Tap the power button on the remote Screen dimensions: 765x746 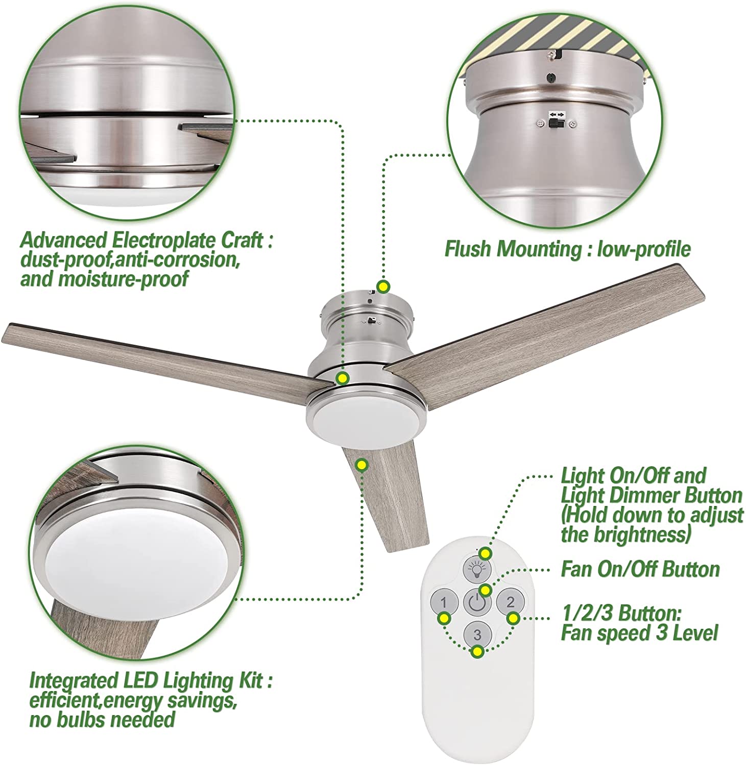[x=476, y=603]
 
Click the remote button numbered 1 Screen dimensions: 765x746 [x=443, y=602]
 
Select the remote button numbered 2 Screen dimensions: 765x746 [x=510, y=602]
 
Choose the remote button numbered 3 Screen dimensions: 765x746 [x=477, y=634]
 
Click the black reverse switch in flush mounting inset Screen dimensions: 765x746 [x=557, y=123]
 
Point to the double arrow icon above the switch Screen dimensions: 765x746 [x=557, y=114]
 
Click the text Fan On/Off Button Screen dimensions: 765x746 [x=640, y=569]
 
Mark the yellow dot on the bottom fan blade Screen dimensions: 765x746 [x=362, y=464]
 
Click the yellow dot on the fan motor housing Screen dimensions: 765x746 [x=342, y=378]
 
